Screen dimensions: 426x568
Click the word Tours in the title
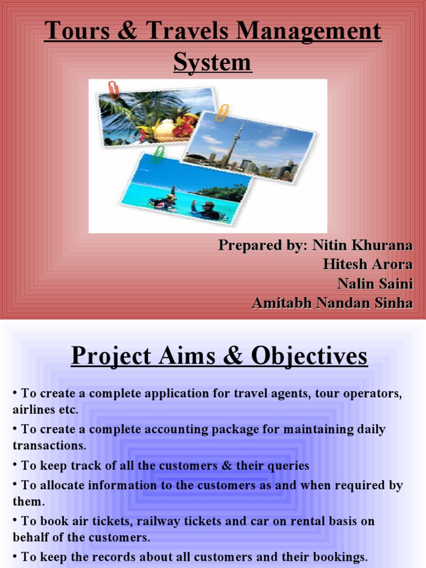[x=77, y=31]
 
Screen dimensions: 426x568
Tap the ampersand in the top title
[x=128, y=31]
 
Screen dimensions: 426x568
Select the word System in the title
[x=212, y=62]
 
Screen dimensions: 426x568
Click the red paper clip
[x=113, y=90]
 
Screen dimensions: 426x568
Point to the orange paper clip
[x=222, y=113]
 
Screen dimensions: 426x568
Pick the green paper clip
[x=158, y=155]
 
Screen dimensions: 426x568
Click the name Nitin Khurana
[x=362, y=245]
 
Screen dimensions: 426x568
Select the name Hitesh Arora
[x=368, y=264]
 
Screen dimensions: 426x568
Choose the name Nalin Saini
[x=375, y=283]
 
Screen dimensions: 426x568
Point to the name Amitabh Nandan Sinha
[x=332, y=303]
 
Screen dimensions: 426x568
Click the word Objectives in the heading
[x=310, y=356]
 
